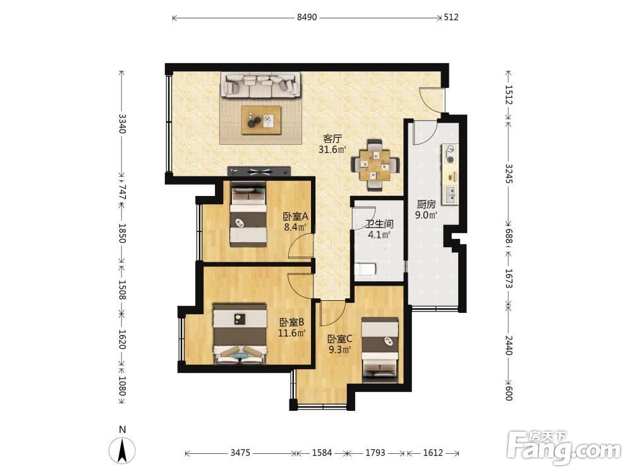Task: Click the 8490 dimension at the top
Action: pos(307,17)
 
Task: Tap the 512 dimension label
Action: pos(451,17)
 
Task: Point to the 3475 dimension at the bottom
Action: pos(240,453)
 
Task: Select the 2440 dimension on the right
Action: pos(509,345)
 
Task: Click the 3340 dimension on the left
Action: pos(122,124)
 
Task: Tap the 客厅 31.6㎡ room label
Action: pos(332,144)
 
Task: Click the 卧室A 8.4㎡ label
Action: pos(295,222)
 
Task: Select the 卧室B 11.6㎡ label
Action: pos(291,327)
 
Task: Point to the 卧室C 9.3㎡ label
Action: pos(340,344)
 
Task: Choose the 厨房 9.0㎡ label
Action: pos(427,210)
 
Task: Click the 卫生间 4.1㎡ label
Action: pos(379,229)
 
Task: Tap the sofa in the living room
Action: pos(260,85)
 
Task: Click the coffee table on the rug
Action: pos(261,120)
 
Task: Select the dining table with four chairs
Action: pos(375,164)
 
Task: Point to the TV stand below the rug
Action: pos(258,171)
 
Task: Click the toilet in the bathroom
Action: pos(365,269)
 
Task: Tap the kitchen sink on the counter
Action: pos(451,195)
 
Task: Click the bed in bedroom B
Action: pos(240,334)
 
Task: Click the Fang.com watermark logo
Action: pos(564,447)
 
